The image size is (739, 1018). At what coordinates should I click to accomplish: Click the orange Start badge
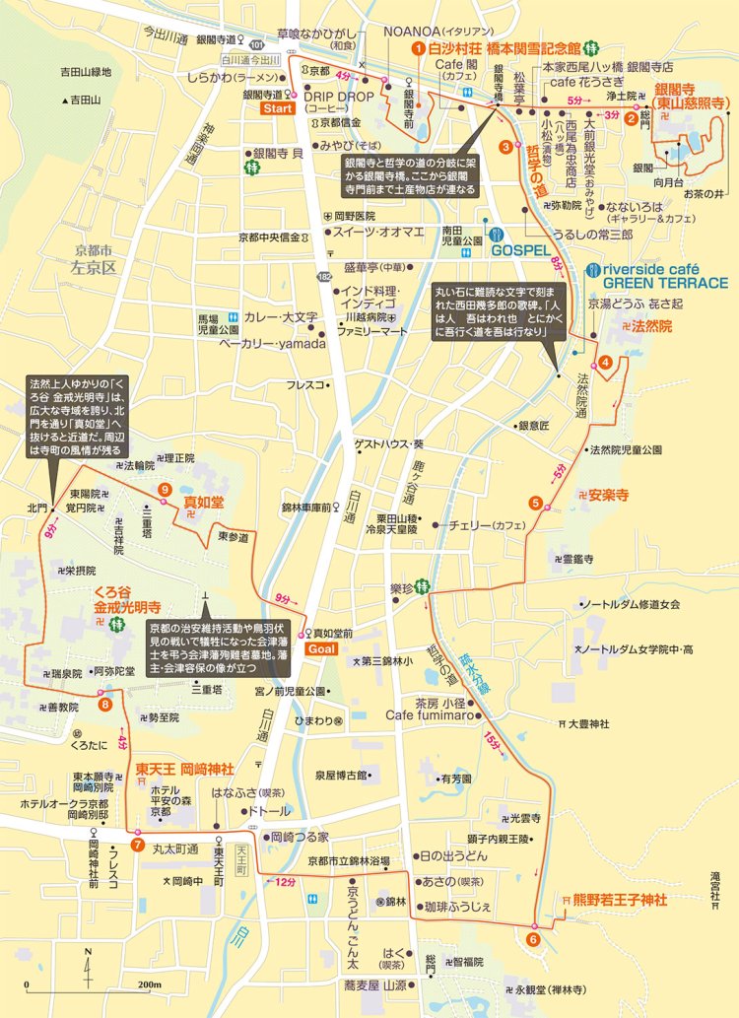[x=276, y=107]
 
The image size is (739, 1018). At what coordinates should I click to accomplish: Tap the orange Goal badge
[x=321, y=648]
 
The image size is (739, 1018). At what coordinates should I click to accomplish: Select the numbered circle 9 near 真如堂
[x=164, y=490]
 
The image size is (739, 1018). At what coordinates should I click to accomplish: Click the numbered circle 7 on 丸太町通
[x=137, y=844]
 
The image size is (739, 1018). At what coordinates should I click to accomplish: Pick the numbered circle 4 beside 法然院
[x=606, y=362]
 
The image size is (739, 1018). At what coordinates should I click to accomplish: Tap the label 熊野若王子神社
[x=608, y=900]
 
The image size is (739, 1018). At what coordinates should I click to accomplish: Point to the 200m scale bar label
[x=149, y=985]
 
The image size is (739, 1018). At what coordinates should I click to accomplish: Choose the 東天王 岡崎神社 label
[x=184, y=769]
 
